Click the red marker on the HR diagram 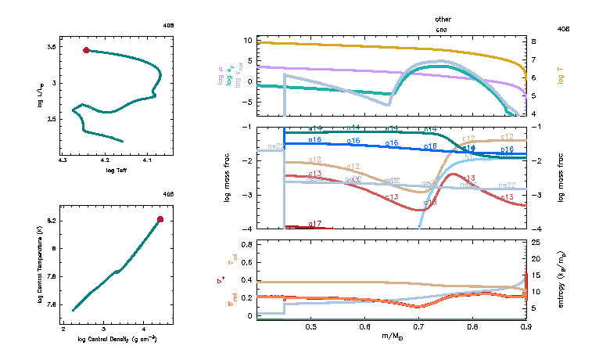[x=86, y=50]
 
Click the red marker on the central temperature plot [x=160, y=219]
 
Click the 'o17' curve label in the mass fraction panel [x=315, y=224]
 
